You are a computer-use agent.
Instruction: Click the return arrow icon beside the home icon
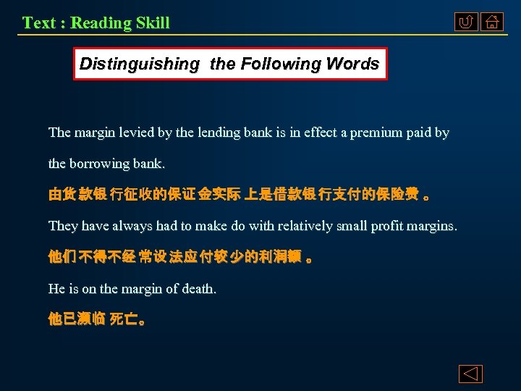[x=466, y=22]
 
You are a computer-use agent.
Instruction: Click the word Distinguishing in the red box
[x=139, y=64]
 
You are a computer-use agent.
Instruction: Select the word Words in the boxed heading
[x=352, y=64]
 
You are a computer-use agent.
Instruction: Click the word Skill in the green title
[x=150, y=22]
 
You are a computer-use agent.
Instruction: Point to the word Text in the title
[x=39, y=22]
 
